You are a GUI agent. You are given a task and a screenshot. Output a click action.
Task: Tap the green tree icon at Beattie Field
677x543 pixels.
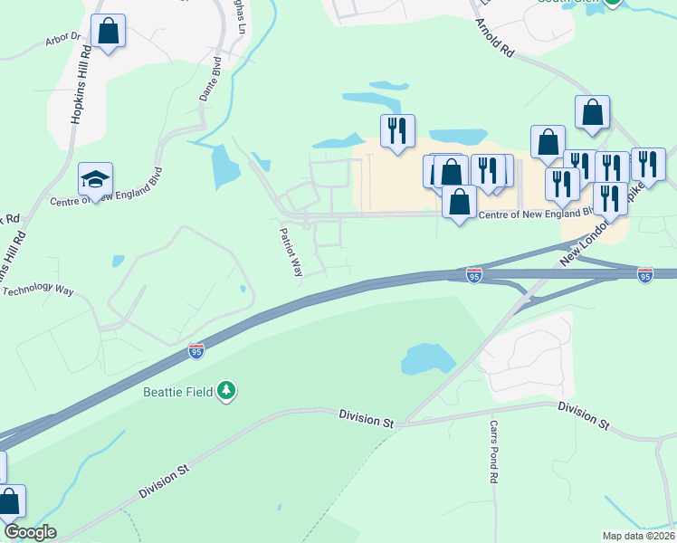click(x=226, y=391)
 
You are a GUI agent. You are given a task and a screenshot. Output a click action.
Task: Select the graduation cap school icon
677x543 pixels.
click(x=94, y=178)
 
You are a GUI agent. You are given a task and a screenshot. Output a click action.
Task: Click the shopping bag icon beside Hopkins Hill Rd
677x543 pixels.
click(x=108, y=32)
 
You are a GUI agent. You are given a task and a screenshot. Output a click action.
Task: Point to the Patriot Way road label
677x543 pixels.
click(x=291, y=252)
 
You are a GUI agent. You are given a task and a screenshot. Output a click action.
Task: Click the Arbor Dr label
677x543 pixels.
click(x=62, y=43)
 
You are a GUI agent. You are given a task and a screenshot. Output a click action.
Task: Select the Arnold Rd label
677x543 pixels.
click(x=494, y=40)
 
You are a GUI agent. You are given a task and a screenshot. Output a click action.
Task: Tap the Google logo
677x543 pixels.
click(x=29, y=532)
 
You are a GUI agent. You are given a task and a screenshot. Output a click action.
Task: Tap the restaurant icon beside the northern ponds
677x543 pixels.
click(x=396, y=131)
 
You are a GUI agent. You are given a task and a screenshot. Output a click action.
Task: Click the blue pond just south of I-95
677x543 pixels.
click(x=427, y=358)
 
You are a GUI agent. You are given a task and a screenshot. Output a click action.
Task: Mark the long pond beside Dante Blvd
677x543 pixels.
click(x=221, y=167)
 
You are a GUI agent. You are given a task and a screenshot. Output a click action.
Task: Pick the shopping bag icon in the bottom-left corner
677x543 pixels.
click(x=10, y=502)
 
